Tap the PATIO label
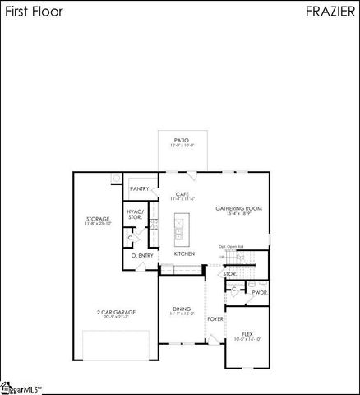tap(182, 142)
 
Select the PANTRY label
tap(139, 188)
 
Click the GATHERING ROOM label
tap(238, 209)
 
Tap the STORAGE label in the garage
tap(98, 220)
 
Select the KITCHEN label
tap(183, 254)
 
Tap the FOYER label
tap(215, 318)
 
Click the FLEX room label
tap(247, 335)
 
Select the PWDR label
tap(259, 291)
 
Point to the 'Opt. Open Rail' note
tap(233, 246)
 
